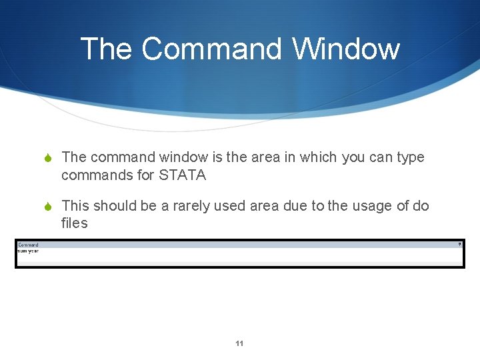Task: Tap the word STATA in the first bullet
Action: point(183,175)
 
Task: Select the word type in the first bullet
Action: point(409,157)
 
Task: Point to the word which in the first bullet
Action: point(319,157)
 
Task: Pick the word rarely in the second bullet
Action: point(195,206)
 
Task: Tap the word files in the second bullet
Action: point(74,223)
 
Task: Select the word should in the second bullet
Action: point(113,206)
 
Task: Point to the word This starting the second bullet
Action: point(75,206)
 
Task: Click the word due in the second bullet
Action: point(296,206)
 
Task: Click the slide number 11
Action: point(239,344)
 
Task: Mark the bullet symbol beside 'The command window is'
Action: point(47,158)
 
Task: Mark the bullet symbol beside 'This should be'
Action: point(47,207)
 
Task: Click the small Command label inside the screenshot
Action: point(28,245)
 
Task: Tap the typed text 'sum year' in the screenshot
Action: point(28,251)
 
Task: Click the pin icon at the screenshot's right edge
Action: point(459,245)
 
